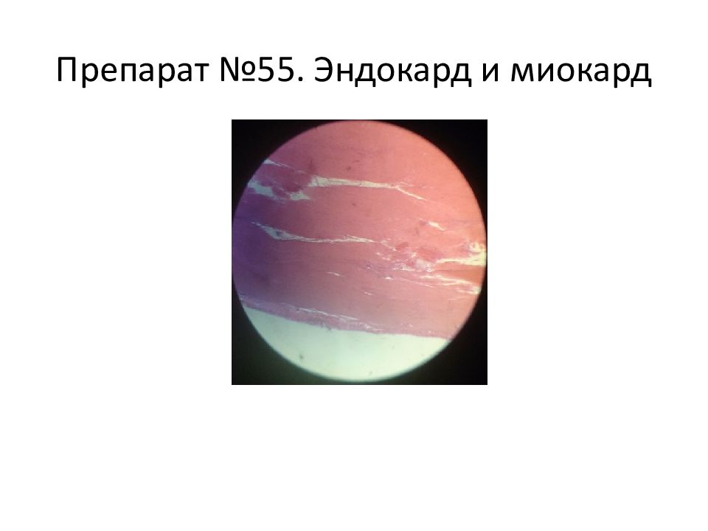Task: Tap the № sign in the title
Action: coord(238,71)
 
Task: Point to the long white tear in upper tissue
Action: coord(366,185)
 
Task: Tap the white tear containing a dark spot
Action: coord(289,234)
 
